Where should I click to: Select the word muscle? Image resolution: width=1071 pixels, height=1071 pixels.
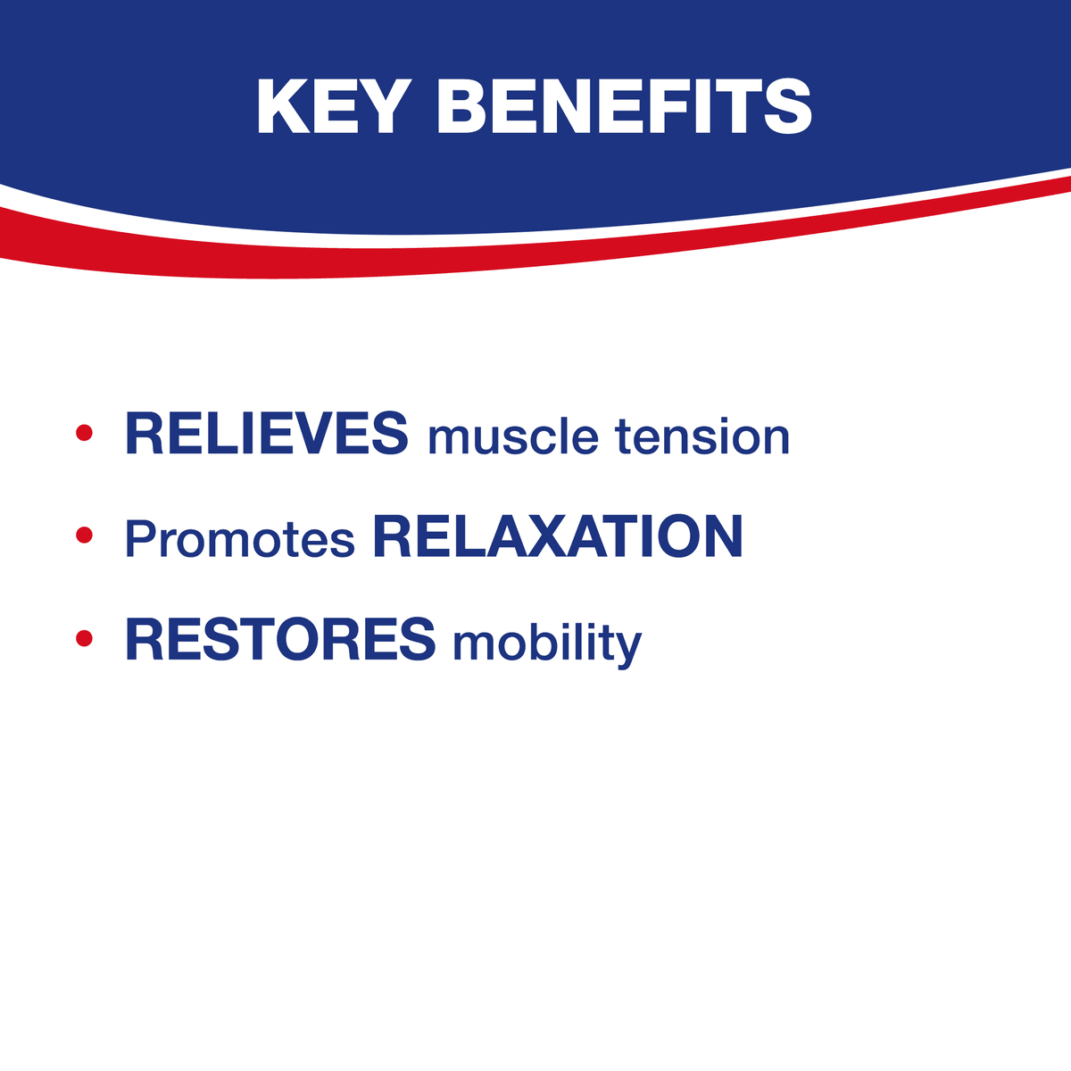(513, 436)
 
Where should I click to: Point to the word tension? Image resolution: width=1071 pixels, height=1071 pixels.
(702, 436)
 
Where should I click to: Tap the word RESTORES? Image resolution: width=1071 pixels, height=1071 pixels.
(280, 639)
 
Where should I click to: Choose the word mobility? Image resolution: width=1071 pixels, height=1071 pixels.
(547, 643)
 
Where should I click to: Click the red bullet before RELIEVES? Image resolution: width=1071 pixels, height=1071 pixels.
(84, 432)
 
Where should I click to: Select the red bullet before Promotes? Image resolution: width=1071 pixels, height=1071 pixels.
(84, 535)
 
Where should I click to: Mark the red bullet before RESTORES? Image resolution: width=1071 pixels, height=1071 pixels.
(84, 638)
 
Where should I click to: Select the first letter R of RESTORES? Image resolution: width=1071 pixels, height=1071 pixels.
(145, 639)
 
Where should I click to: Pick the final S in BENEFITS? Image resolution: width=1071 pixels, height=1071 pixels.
(787, 106)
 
